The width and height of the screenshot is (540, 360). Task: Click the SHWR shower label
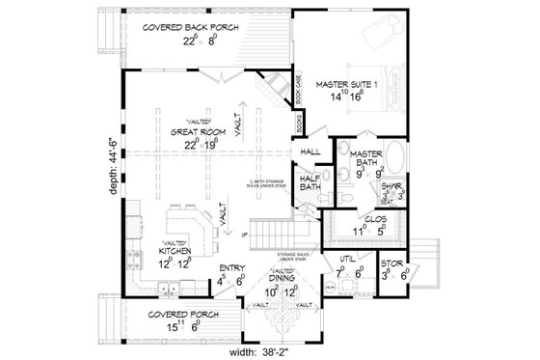coord(392,189)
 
